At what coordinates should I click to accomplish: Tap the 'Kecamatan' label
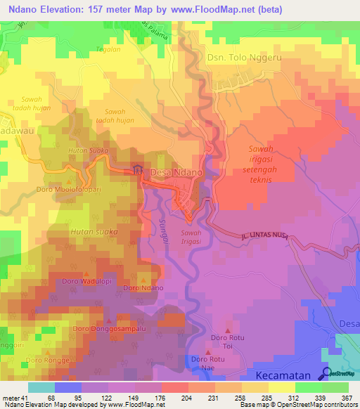[284, 375]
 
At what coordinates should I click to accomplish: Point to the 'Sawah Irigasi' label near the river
[191, 237]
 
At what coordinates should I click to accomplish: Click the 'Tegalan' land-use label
[109, 49]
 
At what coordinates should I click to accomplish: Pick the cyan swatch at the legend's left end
[41, 387]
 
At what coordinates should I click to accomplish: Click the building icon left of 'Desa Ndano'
[137, 170]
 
